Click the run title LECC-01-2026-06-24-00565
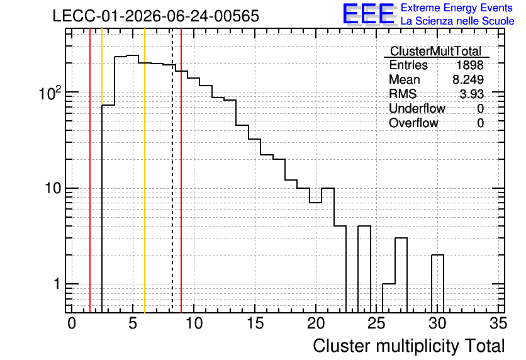point(156,16)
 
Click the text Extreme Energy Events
point(457,8)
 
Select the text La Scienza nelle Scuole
point(457,21)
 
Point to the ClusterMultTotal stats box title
point(436,51)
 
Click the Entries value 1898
point(469,65)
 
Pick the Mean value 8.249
point(468,79)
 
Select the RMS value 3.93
point(472,94)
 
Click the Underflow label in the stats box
point(417,108)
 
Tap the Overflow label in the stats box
point(413,123)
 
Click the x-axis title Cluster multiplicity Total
point(409,346)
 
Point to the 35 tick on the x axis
point(498,323)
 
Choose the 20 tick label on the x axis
point(316,323)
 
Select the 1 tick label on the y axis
point(57,284)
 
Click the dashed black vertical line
point(172,171)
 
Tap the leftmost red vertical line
point(90,171)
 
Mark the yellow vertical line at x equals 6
point(145,171)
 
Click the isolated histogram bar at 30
point(437,283)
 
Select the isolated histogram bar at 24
point(364,269)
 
